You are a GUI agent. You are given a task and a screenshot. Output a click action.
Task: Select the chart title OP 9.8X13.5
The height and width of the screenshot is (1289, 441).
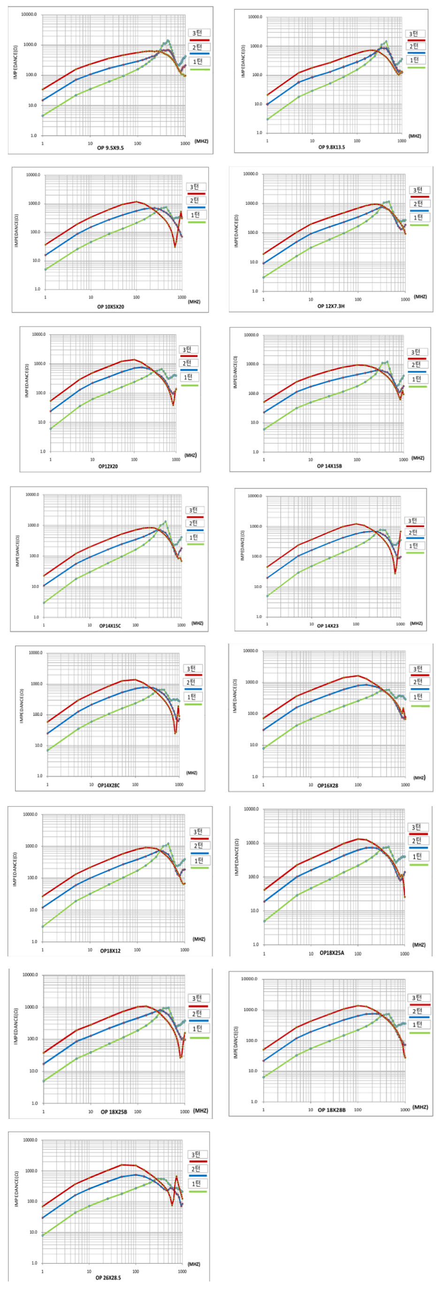click(x=332, y=147)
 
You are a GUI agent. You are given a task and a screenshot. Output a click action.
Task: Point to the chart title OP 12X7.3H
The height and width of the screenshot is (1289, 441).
click(x=330, y=306)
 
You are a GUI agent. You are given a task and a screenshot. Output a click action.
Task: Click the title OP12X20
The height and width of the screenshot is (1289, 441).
click(x=108, y=466)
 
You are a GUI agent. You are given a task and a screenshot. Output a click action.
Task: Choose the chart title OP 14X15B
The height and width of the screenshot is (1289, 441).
click(x=329, y=466)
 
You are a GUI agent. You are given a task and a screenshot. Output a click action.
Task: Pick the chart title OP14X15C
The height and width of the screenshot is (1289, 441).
click(x=109, y=626)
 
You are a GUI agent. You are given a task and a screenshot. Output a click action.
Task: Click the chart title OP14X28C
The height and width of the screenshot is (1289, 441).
click(x=108, y=785)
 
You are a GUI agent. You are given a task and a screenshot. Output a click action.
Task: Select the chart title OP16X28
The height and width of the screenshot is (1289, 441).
click(x=327, y=785)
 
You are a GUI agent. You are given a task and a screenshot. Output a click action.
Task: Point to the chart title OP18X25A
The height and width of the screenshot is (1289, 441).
click(x=332, y=953)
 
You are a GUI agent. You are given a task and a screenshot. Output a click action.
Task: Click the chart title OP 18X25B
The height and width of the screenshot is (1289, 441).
click(x=114, y=1112)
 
